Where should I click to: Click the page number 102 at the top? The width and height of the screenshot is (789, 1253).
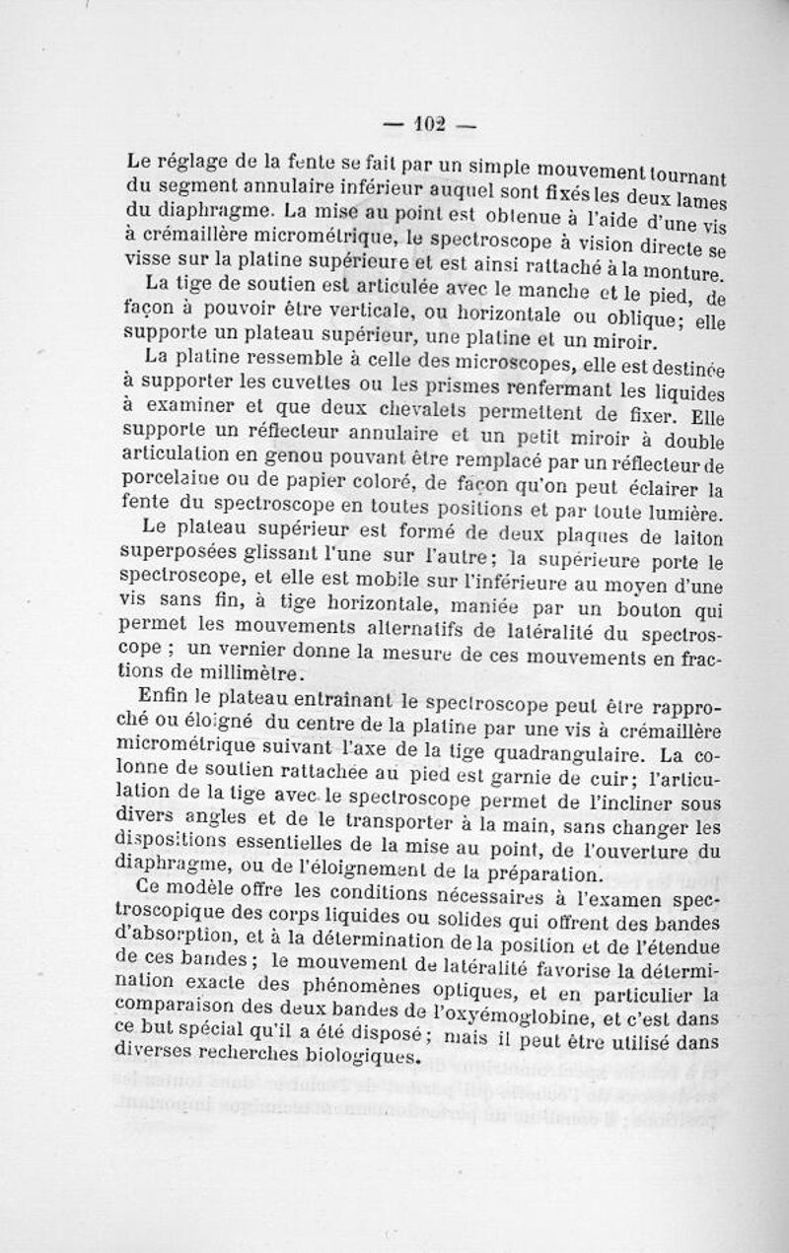click(x=429, y=125)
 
